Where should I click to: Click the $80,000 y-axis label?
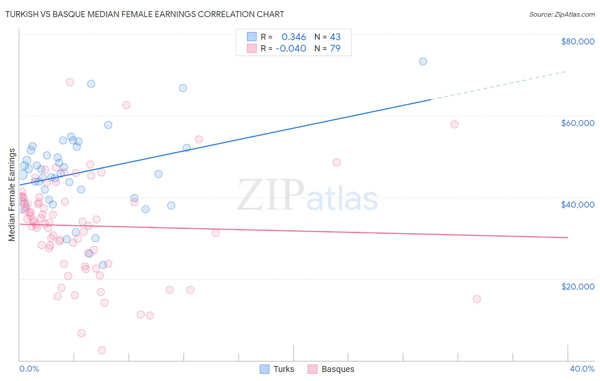click(x=577, y=41)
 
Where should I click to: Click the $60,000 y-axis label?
click(x=577, y=123)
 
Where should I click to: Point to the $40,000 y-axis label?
click(x=577, y=205)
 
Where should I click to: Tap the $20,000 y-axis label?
click(x=577, y=287)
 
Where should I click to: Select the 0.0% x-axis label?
click(x=29, y=369)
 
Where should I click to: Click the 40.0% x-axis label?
click(x=582, y=369)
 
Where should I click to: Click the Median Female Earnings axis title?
click(x=12, y=195)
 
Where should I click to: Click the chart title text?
click(x=145, y=14)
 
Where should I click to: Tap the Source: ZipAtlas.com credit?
click(x=562, y=15)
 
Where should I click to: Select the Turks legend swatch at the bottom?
click(x=265, y=369)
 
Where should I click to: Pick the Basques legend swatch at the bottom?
click(x=313, y=369)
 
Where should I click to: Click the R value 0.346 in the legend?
click(x=294, y=37)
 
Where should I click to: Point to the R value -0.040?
click(x=291, y=49)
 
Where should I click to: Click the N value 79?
click(x=335, y=49)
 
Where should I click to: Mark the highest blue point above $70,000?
click(x=423, y=61)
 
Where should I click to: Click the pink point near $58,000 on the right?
click(x=454, y=124)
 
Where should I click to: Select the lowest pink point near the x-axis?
click(x=102, y=350)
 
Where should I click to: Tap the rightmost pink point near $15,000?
click(x=477, y=299)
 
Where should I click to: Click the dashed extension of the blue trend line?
click(x=499, y=85)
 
